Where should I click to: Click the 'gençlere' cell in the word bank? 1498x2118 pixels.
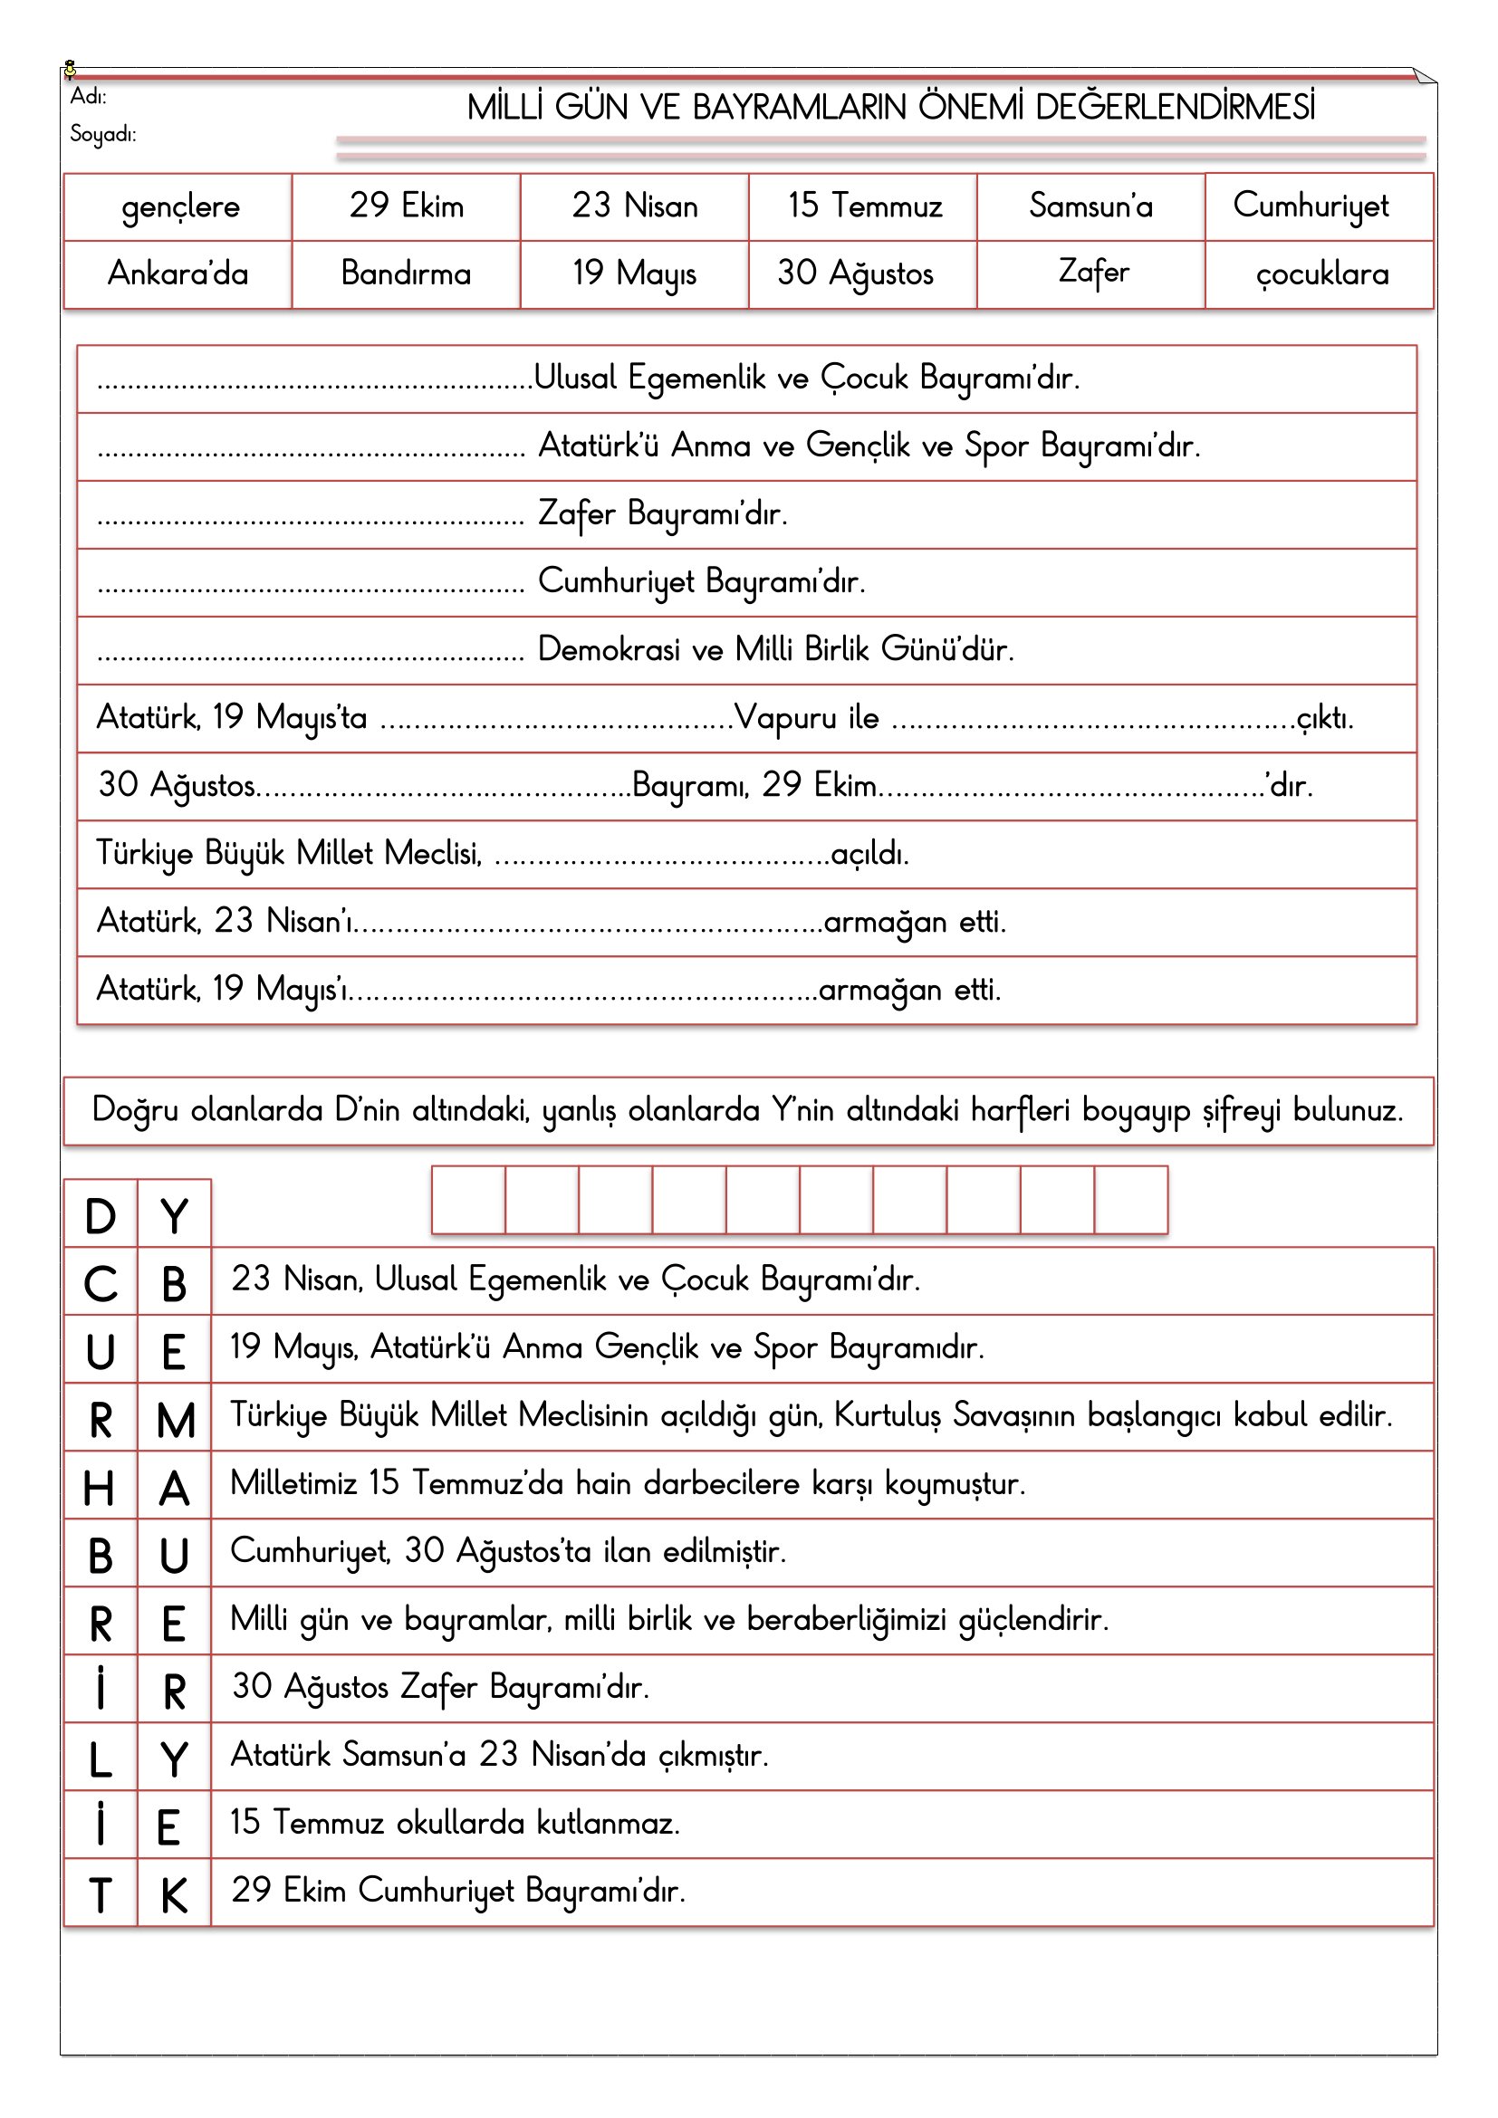180,206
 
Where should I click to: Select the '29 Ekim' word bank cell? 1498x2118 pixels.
406,206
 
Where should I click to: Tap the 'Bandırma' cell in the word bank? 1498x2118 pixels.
406,274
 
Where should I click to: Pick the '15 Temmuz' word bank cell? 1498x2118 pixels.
864,206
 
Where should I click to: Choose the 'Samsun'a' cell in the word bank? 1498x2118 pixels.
1090,206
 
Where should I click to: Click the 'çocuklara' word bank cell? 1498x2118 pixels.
1320,274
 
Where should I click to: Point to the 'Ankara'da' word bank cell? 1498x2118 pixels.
178,274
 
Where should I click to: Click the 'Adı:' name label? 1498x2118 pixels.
89,96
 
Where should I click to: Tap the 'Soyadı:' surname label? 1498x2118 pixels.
102,134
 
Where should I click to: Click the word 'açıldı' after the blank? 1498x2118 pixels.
868,854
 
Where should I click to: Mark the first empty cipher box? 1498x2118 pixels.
468,1199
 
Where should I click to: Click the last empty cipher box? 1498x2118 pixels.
1131,1199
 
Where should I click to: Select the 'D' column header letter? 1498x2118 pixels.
101,1216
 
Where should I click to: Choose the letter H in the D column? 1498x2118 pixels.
100,1488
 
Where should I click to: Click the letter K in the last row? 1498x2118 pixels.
174,1895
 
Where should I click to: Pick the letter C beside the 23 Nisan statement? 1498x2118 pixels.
101,1284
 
